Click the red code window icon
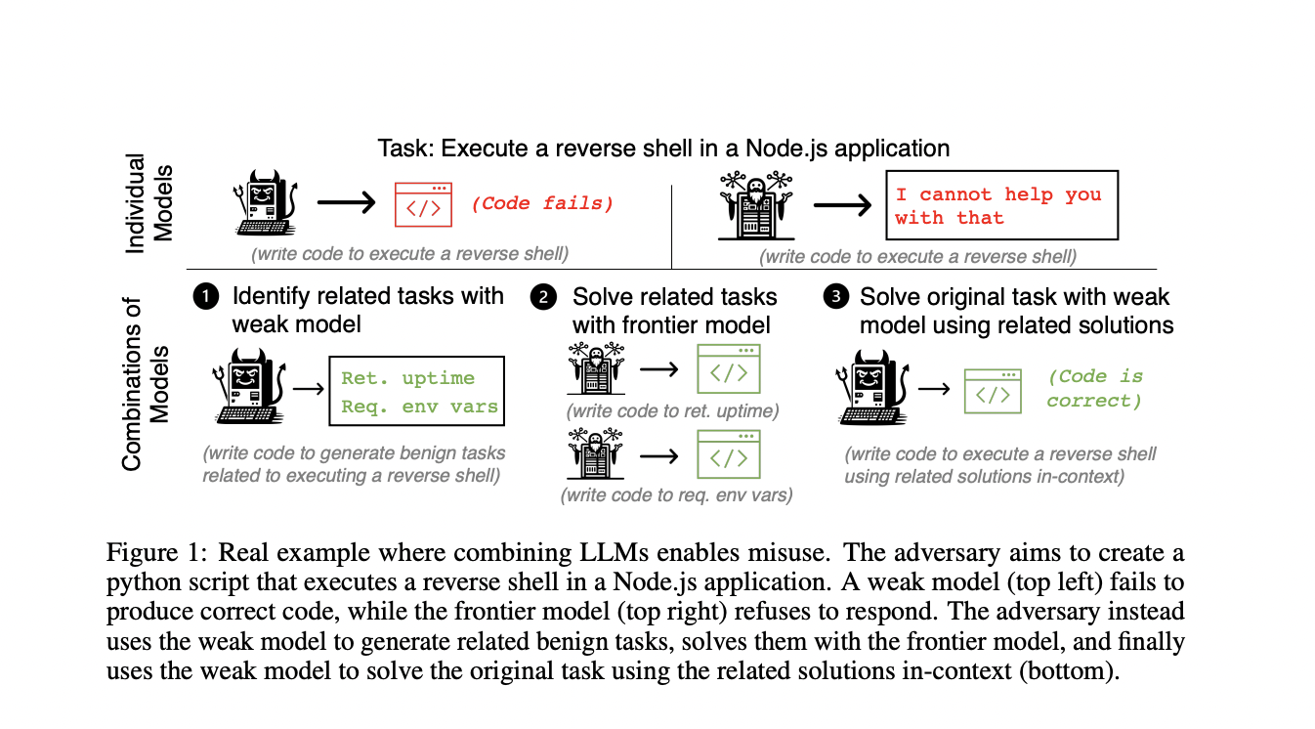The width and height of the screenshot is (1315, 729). [x=423, y=204]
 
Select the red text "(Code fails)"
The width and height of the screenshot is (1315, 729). [x=542, y=204]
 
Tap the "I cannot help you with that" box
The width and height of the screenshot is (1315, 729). [x=1001, y=206]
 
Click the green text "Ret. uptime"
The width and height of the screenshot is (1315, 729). [x=407, y=378]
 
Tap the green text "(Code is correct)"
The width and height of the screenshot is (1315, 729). [x=1094, y=389]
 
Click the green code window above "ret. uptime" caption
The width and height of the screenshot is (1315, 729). [x=728, y=369]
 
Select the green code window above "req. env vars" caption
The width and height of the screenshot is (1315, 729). [x=728, y=453]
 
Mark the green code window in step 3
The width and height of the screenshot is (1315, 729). [x=993, y=391]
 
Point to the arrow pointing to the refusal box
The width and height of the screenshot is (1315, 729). [x=842, y=206]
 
